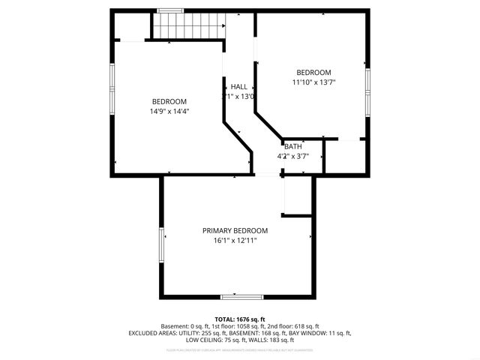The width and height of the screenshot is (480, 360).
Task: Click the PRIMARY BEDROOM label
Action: click(x=235, y=230)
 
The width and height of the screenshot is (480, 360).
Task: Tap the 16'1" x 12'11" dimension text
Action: click(x=235, y=240)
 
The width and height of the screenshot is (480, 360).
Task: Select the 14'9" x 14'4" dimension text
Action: click(x=169, y=112)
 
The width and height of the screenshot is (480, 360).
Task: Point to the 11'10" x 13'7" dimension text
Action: click(x=313, y=82)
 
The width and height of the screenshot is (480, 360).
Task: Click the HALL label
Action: click(x=238, y=86)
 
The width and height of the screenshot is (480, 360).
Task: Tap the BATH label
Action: click(x=292, y=146)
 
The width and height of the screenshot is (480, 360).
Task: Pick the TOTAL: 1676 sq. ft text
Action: click(x=240, y=319)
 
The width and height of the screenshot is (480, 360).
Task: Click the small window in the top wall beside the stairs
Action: click(x=170, y=10)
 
